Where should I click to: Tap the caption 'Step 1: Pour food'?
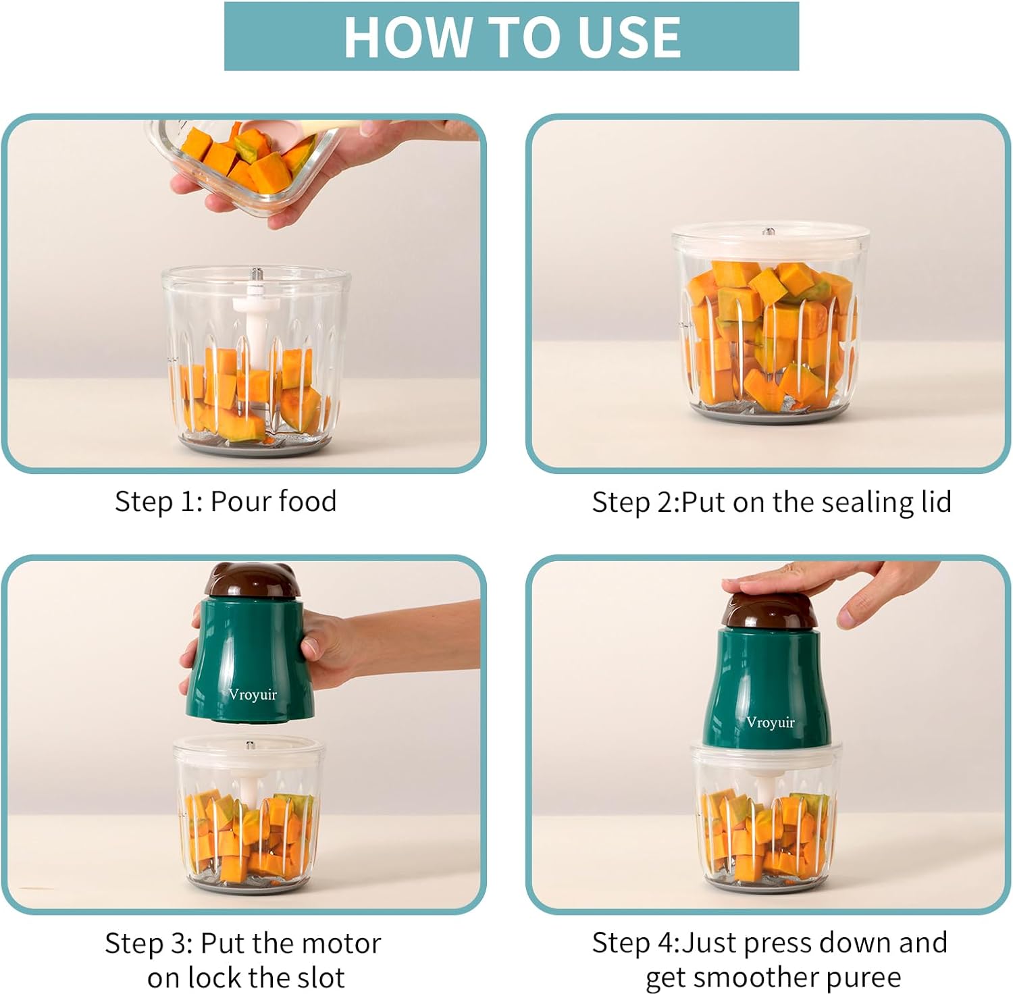[226, 502]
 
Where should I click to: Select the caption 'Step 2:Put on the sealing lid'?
[771, 502]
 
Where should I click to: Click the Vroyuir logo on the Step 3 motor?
[253, 694]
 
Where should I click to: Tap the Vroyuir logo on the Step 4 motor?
[770, 722]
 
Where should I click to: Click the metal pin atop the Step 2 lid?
[768, 232]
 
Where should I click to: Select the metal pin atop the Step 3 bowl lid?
[249, 745]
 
